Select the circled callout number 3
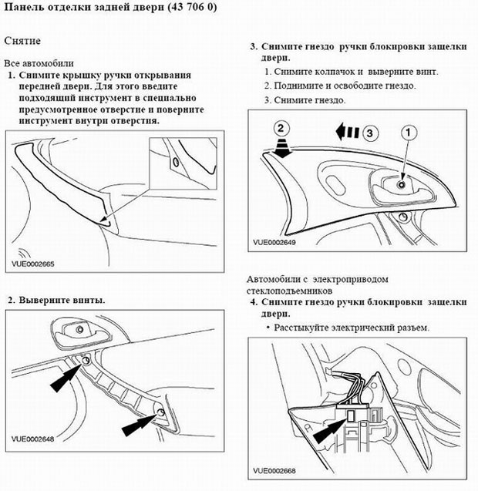[372, 133]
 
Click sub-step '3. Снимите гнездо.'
[305, 100]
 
